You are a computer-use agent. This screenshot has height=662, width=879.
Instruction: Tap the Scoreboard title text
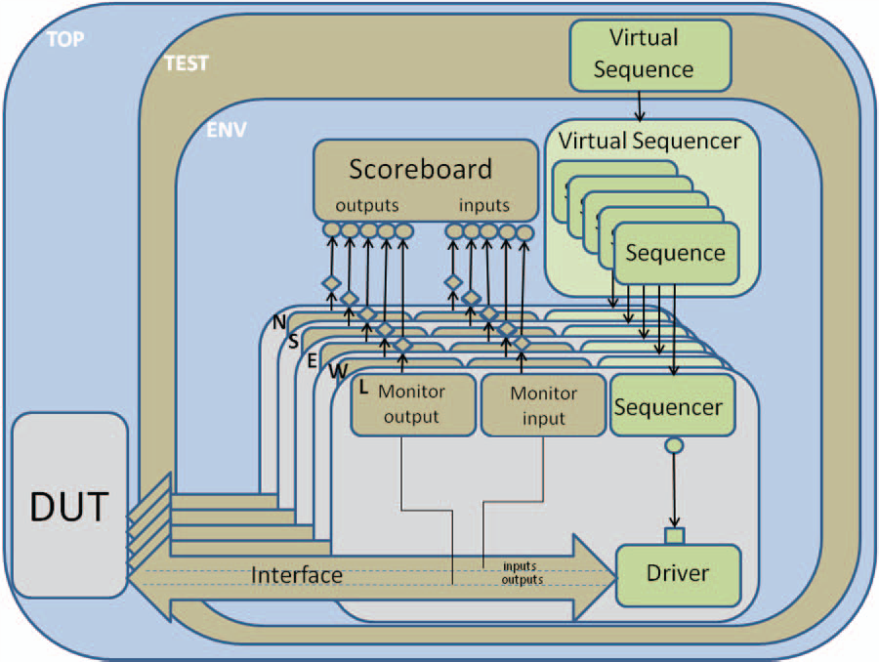(x=420, y=168)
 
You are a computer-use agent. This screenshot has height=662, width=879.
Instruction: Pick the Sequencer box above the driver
(x=671, y=405)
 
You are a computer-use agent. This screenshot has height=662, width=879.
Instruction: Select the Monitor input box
(x=543, y=405)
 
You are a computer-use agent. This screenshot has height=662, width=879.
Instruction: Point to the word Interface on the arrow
(x=297, y=575)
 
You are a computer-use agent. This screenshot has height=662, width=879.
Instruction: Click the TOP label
(x=64, y=39)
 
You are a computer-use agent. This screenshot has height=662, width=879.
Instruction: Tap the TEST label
(x=185, y=63)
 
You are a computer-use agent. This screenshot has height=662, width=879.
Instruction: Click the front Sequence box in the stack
(x=675, y=254)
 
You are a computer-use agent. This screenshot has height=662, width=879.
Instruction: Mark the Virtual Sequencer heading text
(x=649, y=141)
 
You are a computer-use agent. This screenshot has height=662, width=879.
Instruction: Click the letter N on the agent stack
(x=279, y=321)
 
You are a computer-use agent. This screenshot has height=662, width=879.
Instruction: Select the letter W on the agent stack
(x=335, y=371)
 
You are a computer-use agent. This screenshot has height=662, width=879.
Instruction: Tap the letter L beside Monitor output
(x=362, y=388)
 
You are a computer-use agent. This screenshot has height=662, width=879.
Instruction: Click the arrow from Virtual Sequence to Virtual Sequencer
(x=640, y=102)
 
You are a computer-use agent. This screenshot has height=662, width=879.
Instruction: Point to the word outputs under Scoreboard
(x=367, y=205)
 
